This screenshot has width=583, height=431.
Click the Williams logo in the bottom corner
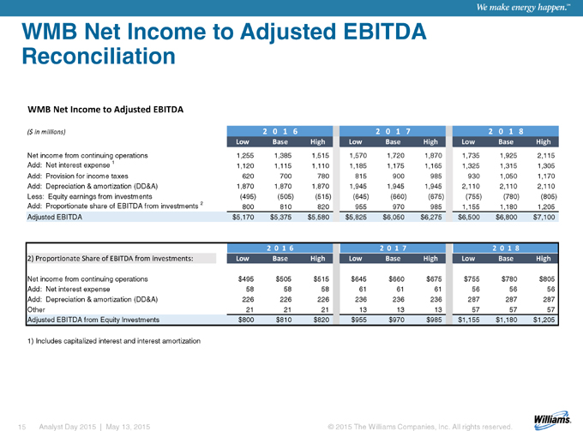(552, 418)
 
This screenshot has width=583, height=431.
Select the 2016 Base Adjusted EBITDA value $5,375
(280, 217)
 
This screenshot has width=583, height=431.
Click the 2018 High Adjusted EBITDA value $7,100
(544, 217)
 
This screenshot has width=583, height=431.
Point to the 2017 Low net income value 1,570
(358, 156)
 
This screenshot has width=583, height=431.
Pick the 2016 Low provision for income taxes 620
(248, 177)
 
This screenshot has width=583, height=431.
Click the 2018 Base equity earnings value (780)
(511, 196)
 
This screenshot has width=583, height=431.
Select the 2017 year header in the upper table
(393, 131)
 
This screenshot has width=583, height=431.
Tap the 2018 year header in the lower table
(505, 248)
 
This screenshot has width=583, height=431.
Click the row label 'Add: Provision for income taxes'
(77, 177)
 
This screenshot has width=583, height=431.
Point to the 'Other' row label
(36, 309)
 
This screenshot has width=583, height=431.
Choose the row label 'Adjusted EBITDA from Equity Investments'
(93, 320)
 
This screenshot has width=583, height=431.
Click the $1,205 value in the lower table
(544, 320)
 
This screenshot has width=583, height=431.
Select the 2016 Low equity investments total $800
(246, 320)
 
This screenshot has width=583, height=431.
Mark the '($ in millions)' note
(46, 132)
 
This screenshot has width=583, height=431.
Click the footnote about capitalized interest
(114, 341)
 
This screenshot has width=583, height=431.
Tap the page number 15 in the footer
(22, 427)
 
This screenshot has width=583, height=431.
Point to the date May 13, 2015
(128, 427)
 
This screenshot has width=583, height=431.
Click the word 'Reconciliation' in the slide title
(99, 56)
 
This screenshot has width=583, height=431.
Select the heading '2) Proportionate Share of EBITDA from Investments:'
(110, 258)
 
